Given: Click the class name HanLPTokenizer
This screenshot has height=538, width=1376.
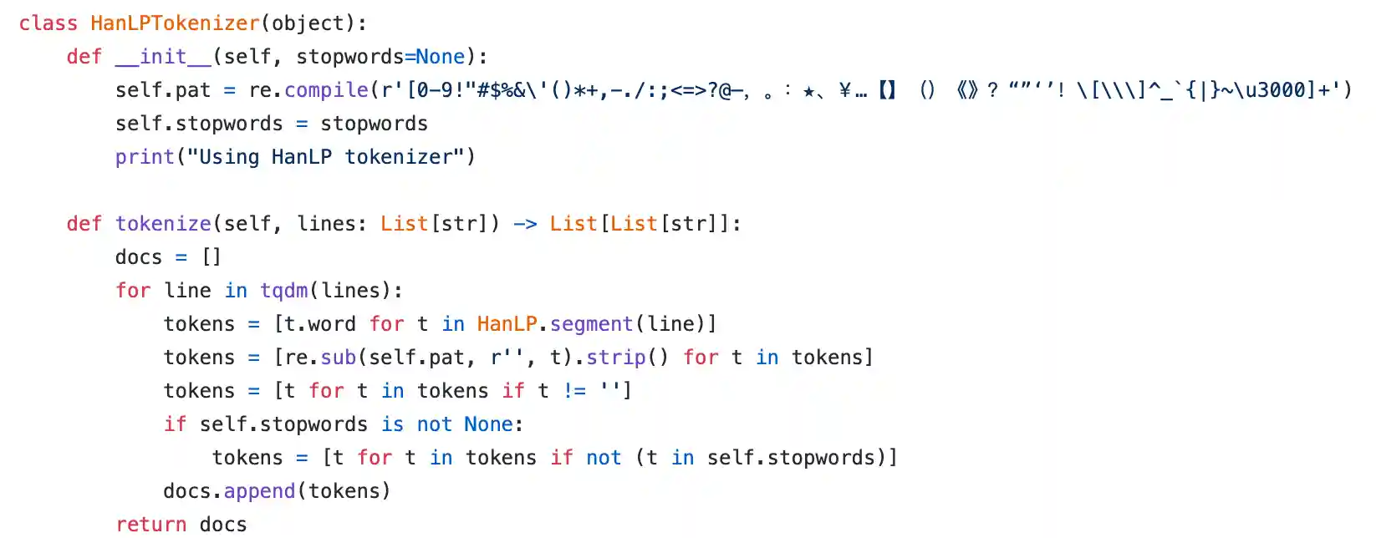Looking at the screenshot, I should coord(175,23).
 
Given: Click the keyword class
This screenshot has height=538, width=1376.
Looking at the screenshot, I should coord(48,23).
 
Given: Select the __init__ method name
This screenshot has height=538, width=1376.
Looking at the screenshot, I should coord(163,57).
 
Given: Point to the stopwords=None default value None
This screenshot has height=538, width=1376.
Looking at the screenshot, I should coord(440,57).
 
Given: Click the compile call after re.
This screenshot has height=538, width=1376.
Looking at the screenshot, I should coord(326,90).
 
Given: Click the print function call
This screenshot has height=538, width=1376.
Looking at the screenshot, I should coord(145,157).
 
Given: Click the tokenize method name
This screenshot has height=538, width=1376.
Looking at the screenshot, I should coord(163,224).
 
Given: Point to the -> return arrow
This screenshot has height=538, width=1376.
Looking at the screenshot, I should coord(525,224).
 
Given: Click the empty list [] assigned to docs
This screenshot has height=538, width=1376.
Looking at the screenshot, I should coord(211,257).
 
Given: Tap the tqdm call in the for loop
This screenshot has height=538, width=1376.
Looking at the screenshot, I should coord(284,291).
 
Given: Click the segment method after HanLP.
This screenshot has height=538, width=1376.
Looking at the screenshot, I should coord(591,324).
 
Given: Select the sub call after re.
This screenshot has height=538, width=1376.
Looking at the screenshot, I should coord(339,358).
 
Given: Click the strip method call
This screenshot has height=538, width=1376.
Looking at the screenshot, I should coord(615,358).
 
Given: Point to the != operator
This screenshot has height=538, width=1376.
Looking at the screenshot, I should coord(574,391).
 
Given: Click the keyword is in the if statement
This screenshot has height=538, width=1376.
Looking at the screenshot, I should coord(393,424).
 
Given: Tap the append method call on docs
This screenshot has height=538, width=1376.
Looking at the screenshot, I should coord(259,491).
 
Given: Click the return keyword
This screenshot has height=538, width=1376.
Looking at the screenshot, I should coord(151,525).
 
